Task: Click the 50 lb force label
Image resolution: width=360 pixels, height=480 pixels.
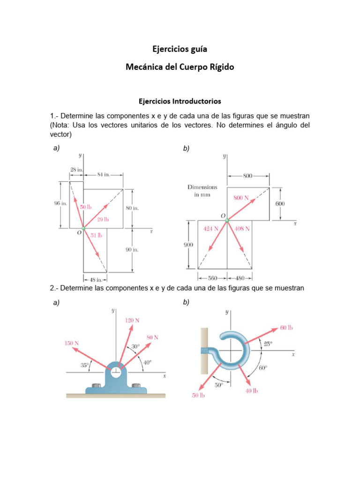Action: tap(86, 207)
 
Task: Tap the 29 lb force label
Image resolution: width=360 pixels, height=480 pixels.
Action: tap(103, 219)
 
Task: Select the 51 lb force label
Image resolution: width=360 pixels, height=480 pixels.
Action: tap(97, 235)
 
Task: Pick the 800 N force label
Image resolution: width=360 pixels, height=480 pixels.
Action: tap(241, 198)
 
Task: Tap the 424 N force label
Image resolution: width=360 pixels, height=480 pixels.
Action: tap(211, 229)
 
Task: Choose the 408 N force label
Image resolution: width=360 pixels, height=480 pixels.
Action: tap(242, 229)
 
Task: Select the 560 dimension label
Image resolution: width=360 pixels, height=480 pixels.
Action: tap(212, 277)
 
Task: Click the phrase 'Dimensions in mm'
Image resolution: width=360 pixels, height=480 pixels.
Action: tap(203, 191)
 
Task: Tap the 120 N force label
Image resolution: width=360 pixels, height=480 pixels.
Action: tap(132, 320)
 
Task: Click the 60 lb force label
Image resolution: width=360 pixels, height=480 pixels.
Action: tap(286, 328)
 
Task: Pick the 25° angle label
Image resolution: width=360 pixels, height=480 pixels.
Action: tap(268, 344)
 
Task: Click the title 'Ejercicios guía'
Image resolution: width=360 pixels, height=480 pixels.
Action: tap(180, 49)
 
